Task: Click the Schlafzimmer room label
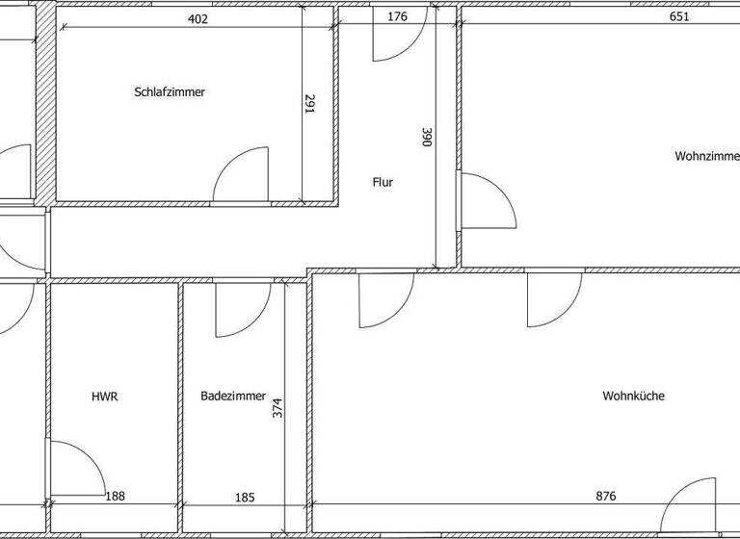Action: tap(171, 92)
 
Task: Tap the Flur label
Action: tap(383, 181)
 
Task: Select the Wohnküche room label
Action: tap(633, 396)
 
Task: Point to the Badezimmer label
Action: tap(233, 396)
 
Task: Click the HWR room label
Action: tap(105, 396)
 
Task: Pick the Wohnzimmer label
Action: tap(706, 155)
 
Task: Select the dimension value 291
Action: tap(310, 104)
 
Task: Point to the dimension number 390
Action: tap(426, 138)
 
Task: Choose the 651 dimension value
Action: tap(679, 16)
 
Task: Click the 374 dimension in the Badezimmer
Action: tap(277, 408)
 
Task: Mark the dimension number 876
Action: tap(605, 497)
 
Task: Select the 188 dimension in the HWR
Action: tap(115, 497)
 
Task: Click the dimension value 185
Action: tap(245, 497)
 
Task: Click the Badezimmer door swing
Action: tap(241, 310)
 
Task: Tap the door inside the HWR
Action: tap(74, 469)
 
